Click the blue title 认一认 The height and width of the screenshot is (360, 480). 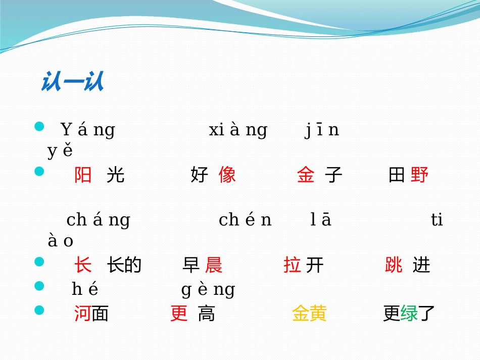coord(72,82)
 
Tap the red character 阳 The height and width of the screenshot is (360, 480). coord(83,175)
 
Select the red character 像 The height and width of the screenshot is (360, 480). coord(227,175)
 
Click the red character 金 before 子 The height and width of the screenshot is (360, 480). coord(306,175)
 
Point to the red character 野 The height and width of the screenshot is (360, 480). coord(419,175)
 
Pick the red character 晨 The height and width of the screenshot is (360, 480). coord(214,265)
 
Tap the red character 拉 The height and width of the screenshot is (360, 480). coord(292,265)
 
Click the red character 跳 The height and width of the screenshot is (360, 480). coord(394,265)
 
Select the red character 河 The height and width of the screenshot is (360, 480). coord(82,314)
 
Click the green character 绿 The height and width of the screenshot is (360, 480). coord(409,314)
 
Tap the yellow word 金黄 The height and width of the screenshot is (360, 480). coord(309,314)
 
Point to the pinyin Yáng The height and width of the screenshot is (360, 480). coord(88,130)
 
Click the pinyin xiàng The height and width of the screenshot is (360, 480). coord(238,130)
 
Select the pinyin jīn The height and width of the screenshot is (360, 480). coord(322,130)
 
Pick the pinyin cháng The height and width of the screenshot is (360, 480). coord(98,220)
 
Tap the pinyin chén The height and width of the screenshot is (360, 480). coord(245,220)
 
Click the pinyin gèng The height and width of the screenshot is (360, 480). coord(208,289)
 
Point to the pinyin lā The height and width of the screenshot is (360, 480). coord(320,220)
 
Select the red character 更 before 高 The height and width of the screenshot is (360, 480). coord(179,314)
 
